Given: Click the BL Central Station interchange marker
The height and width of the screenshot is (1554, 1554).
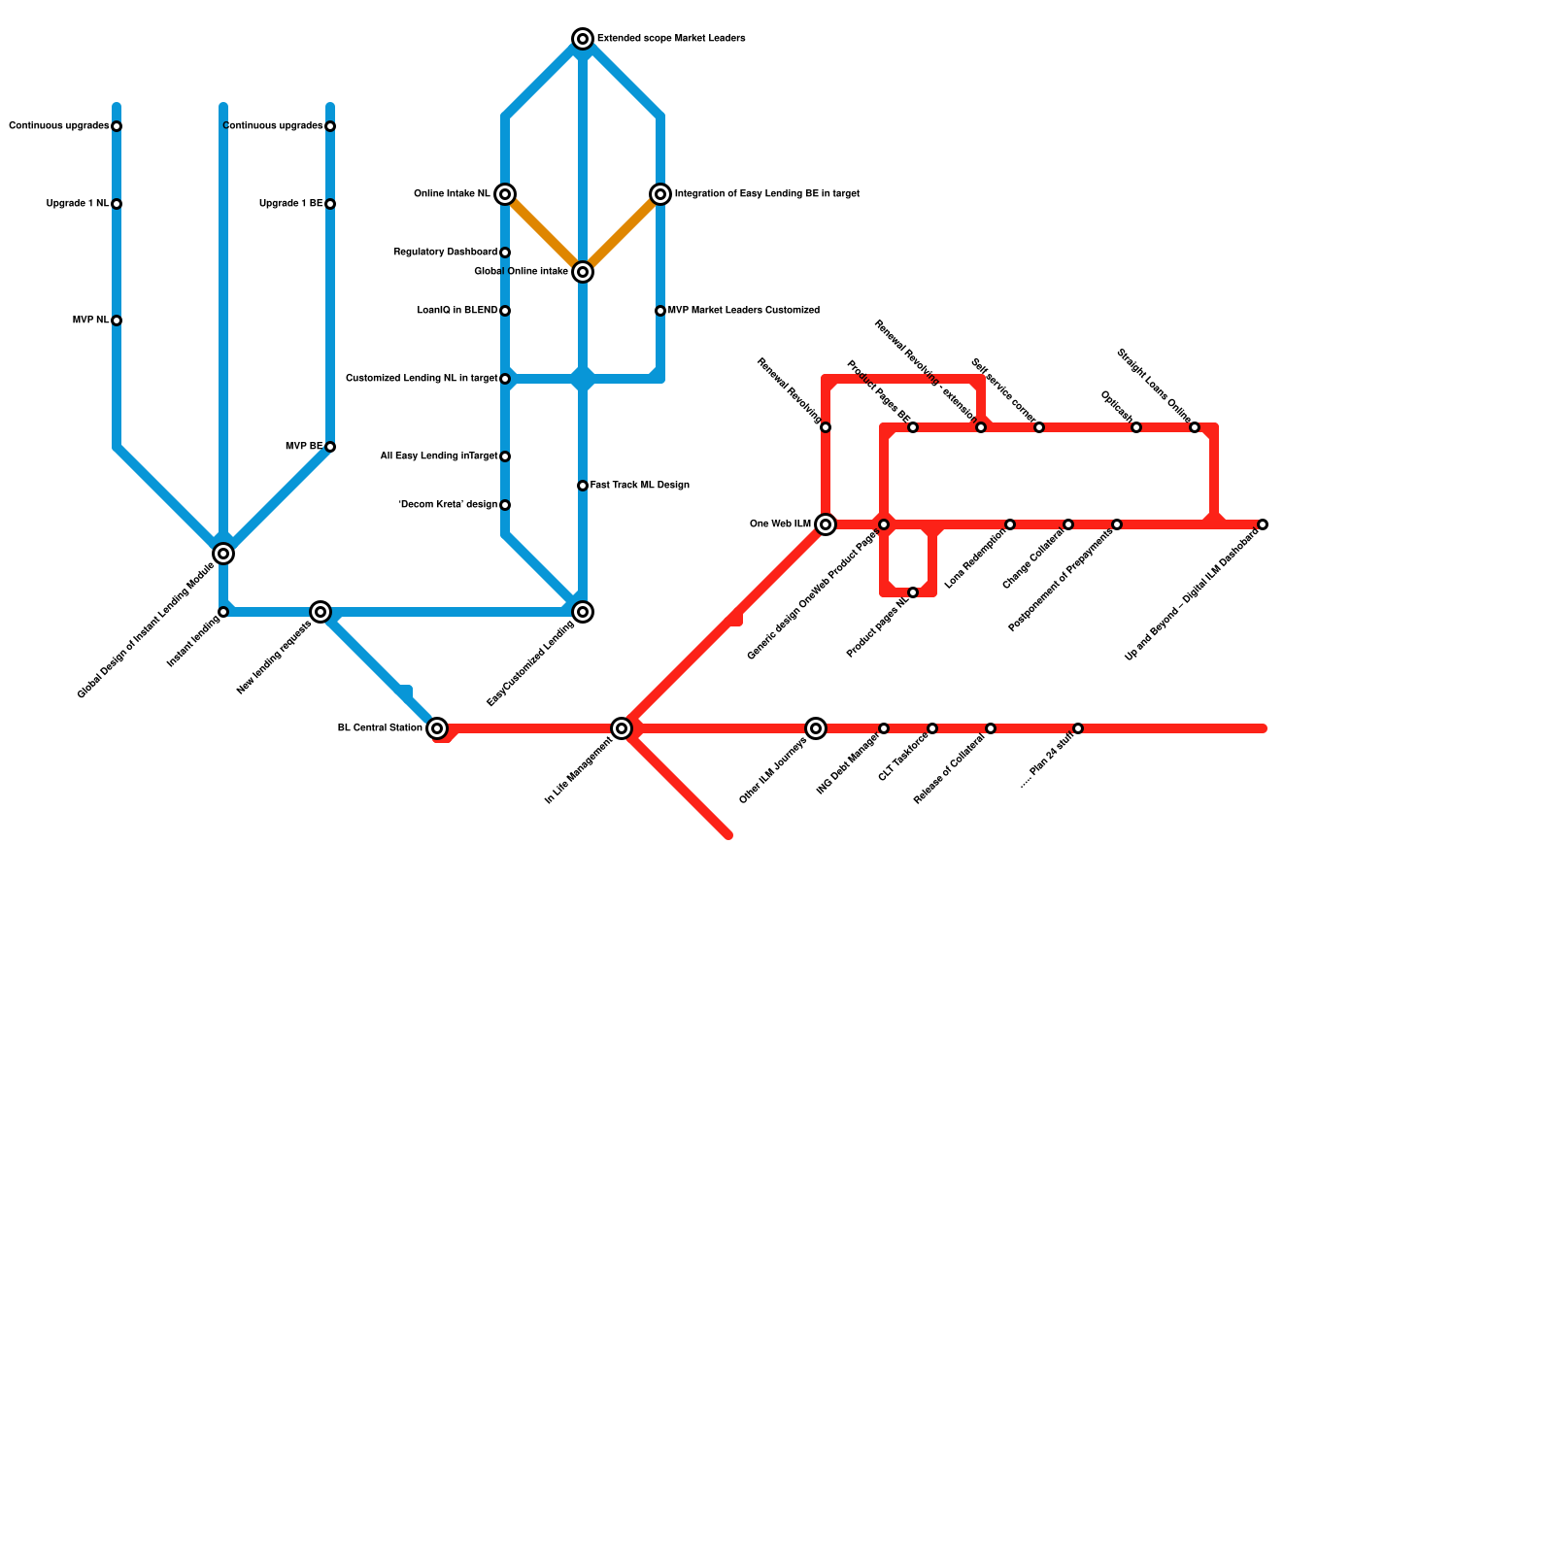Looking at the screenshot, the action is tap(437, 728).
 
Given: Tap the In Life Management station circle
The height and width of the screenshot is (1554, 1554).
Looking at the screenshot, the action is tap(622, 728).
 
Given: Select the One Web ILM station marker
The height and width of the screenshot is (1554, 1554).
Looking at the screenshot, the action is tap(826, 524).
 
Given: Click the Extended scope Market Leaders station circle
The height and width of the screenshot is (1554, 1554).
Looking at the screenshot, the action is tap(583, 39).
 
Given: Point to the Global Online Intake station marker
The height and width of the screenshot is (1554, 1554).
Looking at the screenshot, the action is tap(583, 272).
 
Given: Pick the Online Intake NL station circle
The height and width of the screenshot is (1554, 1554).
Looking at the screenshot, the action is tap(505, 194).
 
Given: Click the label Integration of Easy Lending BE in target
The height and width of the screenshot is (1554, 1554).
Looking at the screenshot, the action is tap(766, 194).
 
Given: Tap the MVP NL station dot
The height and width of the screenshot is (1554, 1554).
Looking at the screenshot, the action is tap(117, 321).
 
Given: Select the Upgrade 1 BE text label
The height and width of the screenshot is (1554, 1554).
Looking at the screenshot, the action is tap(290, 204).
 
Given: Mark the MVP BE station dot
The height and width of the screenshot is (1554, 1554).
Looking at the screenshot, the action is tap(330, 447).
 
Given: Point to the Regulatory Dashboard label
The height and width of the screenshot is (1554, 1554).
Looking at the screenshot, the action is tap(445, 253).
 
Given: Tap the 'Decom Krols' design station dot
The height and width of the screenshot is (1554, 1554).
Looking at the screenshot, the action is tap(505, 505).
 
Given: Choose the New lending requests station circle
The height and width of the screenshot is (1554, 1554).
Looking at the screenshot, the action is tap(321, 612).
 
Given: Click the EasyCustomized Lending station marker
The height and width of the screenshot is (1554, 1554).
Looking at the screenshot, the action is tap(583, 612).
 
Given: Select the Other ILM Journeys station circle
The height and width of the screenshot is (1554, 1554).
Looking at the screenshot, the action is tap(816, 728).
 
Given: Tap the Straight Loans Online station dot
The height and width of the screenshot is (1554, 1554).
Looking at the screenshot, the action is tap(1195, 427).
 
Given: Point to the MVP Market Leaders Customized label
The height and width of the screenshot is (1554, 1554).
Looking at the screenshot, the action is tap(743, 311).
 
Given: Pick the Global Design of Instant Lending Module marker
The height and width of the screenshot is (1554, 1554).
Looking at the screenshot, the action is tap(223, 554).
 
